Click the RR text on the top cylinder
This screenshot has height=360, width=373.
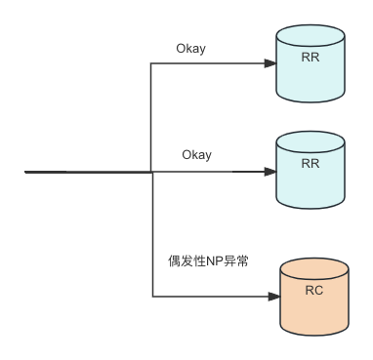tap(311, 58)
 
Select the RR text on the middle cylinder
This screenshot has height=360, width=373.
tap(311, 163)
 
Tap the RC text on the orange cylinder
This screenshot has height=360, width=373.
tap(314, 290)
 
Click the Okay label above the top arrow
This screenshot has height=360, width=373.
tap(191, 49)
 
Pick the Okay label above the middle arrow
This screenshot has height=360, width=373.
tap(196, 155)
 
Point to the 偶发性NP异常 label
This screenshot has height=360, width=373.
tap(208, 260)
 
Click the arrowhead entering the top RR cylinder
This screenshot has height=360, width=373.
tap(270, 63)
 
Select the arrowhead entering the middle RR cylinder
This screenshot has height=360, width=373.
tap(270, 172)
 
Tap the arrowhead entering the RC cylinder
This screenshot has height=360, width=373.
tap(274, 297)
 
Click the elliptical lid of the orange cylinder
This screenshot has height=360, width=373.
tap(314, 268)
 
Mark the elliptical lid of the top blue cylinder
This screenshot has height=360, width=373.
tap(311, 35)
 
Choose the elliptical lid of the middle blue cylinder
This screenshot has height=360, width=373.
tap(311, 141)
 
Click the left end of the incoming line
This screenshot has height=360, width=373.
tap(25, 172)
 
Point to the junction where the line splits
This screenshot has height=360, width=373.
tap(151, 172)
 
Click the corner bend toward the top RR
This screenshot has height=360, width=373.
tap(150, 63)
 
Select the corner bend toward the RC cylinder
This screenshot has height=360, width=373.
tap(152, 297)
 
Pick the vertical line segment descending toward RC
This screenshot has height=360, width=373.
tap(152, 234)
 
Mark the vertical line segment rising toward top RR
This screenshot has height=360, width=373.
tap(150, 117)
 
